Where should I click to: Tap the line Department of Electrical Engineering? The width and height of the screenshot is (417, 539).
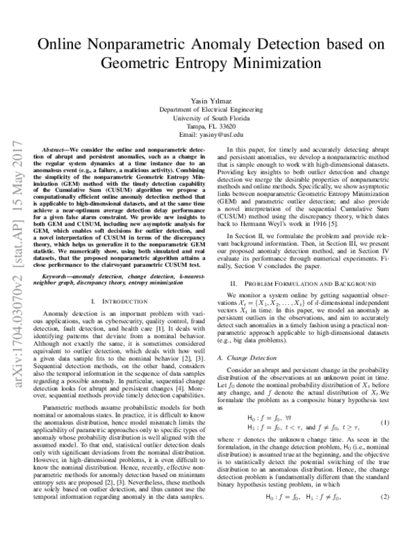208,110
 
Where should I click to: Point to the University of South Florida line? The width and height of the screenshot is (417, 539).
208,119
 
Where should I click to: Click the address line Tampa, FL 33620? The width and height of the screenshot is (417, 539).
208,127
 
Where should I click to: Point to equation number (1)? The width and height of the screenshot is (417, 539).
384,403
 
